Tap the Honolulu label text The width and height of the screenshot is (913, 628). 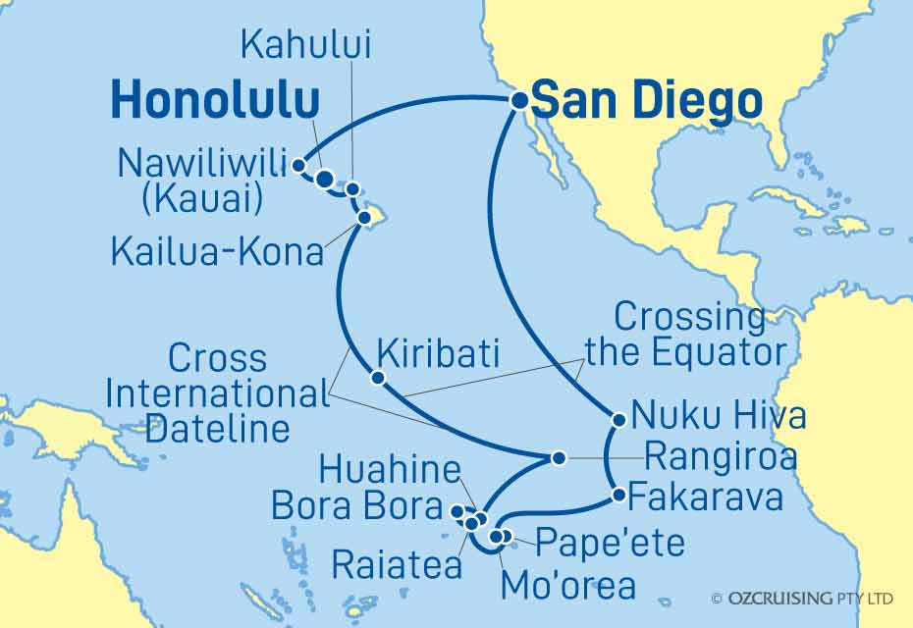(x=215, y=101)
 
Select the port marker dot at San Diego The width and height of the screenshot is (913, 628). (x=516, y=97)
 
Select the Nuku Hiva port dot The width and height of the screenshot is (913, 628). (x=618, y=420)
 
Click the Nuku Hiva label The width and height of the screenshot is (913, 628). (x=719, y=416)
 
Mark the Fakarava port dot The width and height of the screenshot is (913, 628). (x=618, y=496)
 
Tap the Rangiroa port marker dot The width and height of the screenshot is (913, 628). (x=558, y=457)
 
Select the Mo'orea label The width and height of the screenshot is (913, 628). (x=567, y=586)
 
